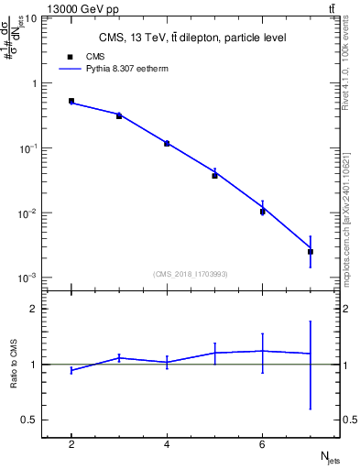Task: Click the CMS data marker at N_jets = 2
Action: [71, 101]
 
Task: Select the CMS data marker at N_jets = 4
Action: [167, 143]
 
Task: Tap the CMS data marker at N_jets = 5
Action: [214, 175]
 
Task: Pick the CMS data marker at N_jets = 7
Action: [311, 251]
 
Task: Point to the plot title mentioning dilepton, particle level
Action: [192, 38]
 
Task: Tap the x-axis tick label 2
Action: [71, 444]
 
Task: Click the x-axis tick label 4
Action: [167, 444]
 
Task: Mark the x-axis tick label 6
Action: [262, 444]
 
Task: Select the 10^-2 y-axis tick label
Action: [27, 213]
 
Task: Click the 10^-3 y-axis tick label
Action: [27, 278]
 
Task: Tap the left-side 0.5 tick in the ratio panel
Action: [31, 420]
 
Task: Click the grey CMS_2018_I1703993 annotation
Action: [192, 274]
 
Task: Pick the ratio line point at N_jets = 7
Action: [311, 354]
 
